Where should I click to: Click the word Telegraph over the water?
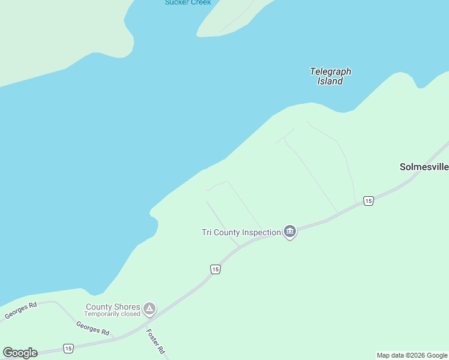(330, 71)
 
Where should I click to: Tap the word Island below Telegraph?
(330, 81)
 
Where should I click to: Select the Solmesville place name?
(424, 167)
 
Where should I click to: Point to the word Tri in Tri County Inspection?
(207, 232)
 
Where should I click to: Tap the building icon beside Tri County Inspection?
(290, 231)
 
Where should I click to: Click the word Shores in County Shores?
(127, 307)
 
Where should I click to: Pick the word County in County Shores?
(100, 307)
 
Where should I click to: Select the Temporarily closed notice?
(112, 314)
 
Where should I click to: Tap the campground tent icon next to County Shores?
(149, 310)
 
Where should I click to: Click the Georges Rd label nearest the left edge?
(21, 310)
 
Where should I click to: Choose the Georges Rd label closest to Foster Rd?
(92, 328)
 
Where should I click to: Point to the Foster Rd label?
(155, 341)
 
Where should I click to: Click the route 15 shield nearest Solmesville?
(369, 201)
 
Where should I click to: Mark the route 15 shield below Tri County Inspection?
(215, 269)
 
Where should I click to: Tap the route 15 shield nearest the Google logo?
(68, 348)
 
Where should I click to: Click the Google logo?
(20, 353)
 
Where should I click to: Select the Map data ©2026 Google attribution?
(412, 355)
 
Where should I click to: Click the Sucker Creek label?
(188, 2)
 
